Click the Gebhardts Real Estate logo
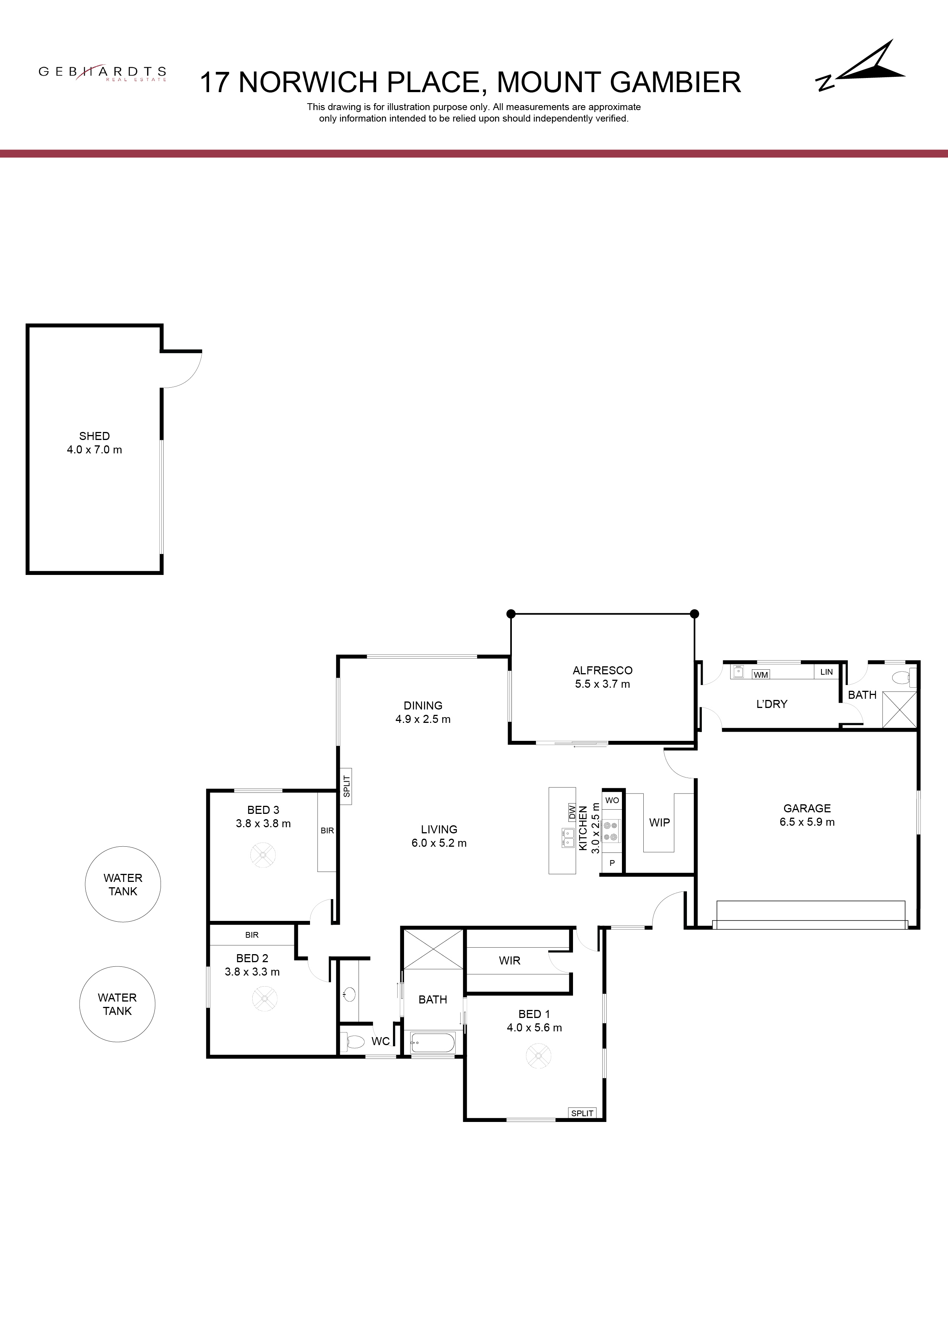(103, 73)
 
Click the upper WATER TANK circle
(123, 884)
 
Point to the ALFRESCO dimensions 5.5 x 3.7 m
(602, 684)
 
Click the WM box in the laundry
(761, 675)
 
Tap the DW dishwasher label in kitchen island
(572, 812)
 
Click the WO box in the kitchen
(612, 800)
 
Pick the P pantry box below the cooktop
(612, 863)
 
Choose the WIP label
(659, 822)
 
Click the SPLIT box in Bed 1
(582, 1113)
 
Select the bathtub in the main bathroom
(433, 1042)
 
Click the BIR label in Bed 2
(252, 935)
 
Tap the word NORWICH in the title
(308, 82)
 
